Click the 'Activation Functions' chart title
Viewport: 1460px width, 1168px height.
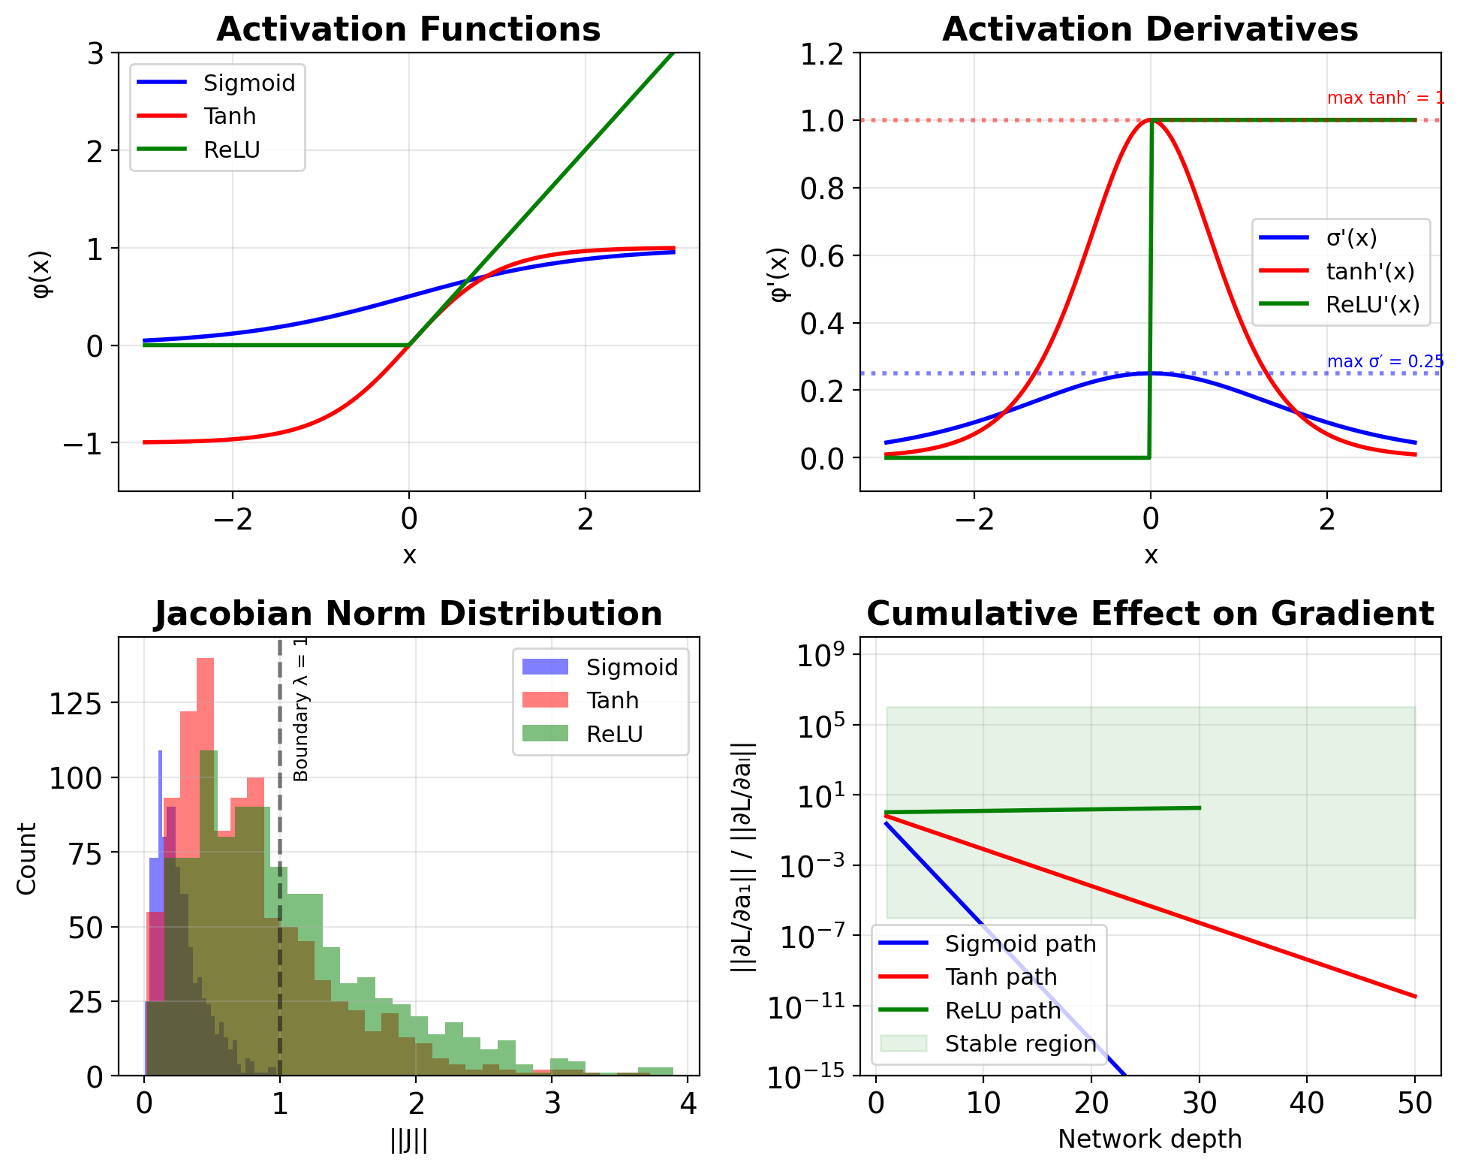point(408,30)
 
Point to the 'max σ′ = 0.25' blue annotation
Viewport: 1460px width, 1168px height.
point(1385,362)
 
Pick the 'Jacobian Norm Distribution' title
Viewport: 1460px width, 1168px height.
point(408,614)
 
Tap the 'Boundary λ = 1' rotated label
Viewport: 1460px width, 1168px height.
point(301,709)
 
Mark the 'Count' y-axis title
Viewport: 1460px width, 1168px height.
point(27,859)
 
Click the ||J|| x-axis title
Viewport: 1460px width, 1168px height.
point(408,1140)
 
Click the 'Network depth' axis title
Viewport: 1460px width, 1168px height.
point(1149,1139)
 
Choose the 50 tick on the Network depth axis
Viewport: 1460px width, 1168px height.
point(1414,1103)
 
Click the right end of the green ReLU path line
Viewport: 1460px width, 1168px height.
point(1200,808)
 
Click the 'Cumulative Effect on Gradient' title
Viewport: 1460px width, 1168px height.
point(1149,614)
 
